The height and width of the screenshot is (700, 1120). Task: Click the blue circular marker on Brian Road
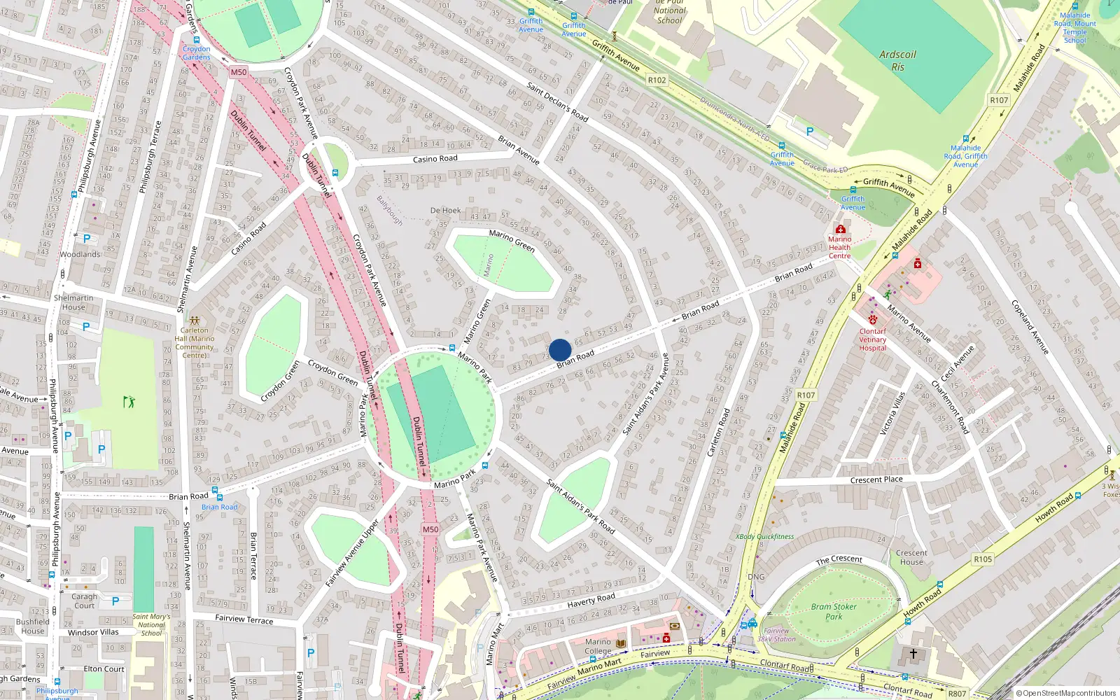pyautogui.click(x=560, y=350)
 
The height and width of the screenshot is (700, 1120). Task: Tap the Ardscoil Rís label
pyautogui.click(x=897, y=61)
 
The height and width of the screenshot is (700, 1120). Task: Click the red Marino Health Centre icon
pyautogui.click(x=840, y=229)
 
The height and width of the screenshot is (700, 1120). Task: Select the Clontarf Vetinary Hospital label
pyautogui.click(x=872, y=339)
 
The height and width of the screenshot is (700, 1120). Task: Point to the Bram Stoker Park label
pyautogui.click(x=834, y=612)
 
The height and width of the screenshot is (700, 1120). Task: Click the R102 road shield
pyautogui.click(x=657, y=80)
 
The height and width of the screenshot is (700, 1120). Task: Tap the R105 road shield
pyautogui.click(x=983, y=559)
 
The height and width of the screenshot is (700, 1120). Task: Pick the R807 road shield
pyautogui.click(x=957, y=694)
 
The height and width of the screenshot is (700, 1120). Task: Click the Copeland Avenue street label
pyautogui.click(x=1030, y=326)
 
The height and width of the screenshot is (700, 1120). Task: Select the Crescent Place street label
pyautogui.click(x=876, y=479)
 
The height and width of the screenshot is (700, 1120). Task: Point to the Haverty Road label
pyautogui.click(x=591, y=601)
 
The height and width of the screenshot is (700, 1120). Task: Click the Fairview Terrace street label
pyautogui.click(x=244, y=619)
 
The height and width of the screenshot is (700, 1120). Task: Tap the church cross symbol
pyautogui.click(x=913, y=654)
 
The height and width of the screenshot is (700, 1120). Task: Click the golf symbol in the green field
pyautogui.click(x=129, y=401)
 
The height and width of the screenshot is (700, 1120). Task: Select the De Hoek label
pyautogui.click(x=445, y=210)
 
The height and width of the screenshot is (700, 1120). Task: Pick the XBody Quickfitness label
pyautogui.click(x=764, y=536)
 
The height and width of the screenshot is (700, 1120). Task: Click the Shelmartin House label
pyautogui.click(x=73, y=302)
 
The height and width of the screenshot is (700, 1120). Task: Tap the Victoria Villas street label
pyautogui.click(x=892, y=414)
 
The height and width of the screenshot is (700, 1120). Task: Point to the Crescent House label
pyautogui.click(x=911, y=557)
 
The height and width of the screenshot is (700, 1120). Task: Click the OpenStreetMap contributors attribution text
pyautogui.click(x=1065, y=693)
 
